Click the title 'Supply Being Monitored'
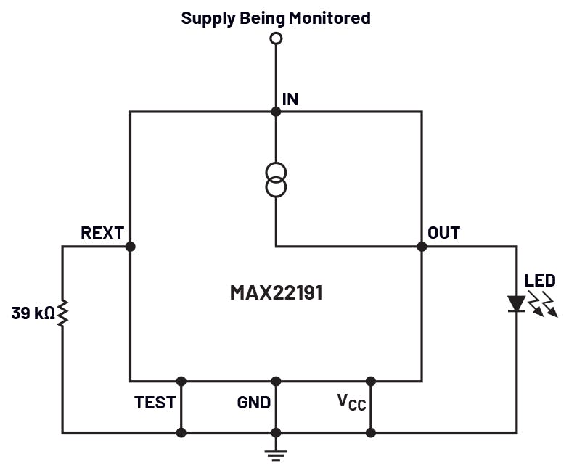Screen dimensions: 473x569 275,17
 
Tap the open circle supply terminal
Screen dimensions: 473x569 275,38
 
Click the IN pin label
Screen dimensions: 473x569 290,99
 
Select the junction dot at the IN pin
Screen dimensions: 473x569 276,112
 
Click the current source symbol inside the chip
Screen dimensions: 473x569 276,180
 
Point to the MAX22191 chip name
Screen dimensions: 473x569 276,293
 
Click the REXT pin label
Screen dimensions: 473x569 102,233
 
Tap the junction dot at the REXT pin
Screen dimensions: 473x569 131,247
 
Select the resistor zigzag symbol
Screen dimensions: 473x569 62,313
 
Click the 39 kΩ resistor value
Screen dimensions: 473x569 33,313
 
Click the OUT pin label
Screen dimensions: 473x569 443,233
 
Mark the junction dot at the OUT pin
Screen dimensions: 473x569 422,247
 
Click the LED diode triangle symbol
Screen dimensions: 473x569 517,303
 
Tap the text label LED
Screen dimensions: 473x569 540,281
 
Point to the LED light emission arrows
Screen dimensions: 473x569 543,305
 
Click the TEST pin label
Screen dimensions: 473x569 155,403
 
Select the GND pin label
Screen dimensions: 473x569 254,403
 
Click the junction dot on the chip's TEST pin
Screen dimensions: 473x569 181,381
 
